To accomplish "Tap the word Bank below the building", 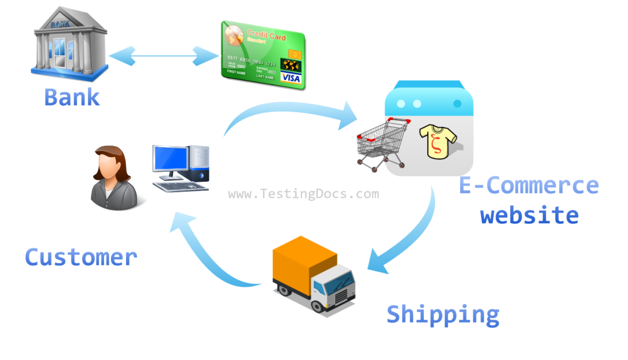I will point(71,97).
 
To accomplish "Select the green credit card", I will point(263,54).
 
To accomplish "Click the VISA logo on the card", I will point(291,78).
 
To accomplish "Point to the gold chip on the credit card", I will point(295,55).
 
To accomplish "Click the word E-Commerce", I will point(528,185).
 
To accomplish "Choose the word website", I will point(529,215).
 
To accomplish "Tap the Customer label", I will point(81,257).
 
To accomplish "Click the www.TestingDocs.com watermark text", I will point(303,194).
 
